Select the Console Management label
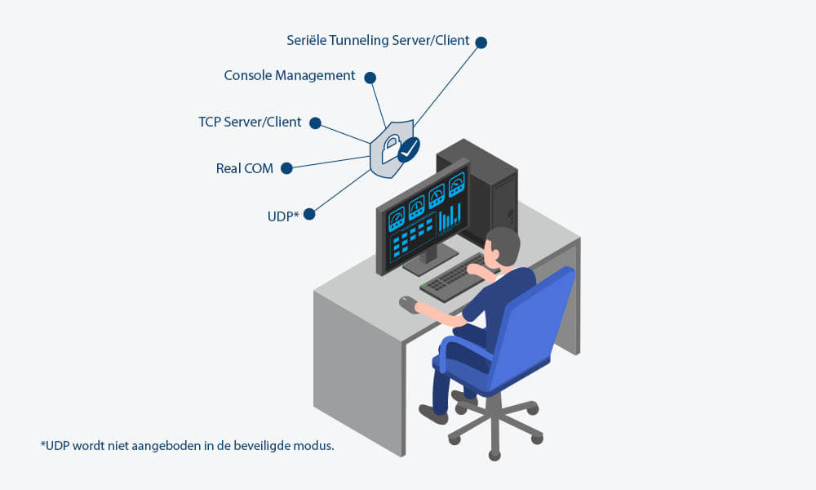290,76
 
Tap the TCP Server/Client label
250,122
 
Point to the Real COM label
244,169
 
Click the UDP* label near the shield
284,215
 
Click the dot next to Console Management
370,78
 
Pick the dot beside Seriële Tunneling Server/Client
481,42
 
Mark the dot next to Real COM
287,168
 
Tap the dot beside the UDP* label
308,214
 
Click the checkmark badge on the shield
408,148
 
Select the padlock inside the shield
390,147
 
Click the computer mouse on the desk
407,303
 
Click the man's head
501,246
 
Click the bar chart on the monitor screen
449,216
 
